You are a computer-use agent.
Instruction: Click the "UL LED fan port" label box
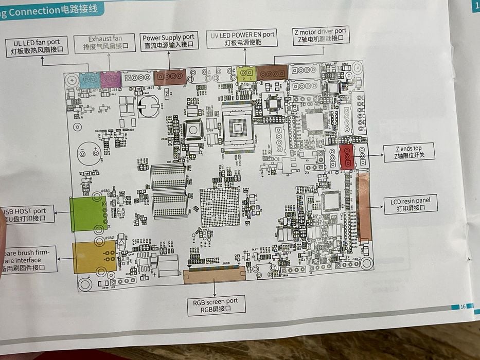click(40, 46)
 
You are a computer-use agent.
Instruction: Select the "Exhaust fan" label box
click(105, 43)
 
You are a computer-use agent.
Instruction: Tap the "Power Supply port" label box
click(168, 41)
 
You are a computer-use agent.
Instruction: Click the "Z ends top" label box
click(408, 152)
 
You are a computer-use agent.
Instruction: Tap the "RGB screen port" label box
click(217, 304)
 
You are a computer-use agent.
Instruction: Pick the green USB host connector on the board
click(87, 213)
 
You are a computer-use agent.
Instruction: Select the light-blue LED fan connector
click(91, 80)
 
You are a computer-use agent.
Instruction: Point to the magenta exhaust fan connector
click(110, 80)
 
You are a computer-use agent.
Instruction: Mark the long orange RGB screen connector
click(215, 275)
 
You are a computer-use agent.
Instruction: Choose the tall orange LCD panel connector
click(364, 207)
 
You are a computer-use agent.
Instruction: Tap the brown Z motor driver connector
click(272, 73)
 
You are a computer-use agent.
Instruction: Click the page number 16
click(463, 306)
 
